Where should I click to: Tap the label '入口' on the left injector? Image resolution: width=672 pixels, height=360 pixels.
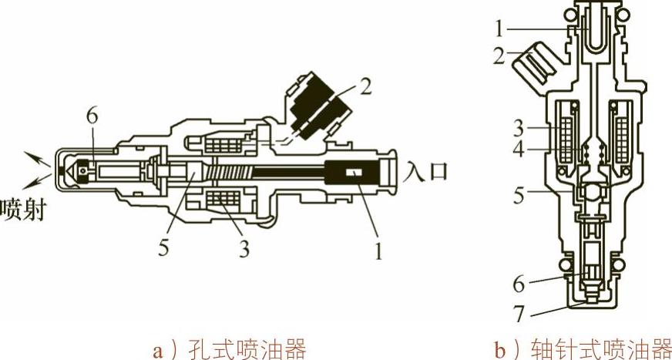(x=424, y=167)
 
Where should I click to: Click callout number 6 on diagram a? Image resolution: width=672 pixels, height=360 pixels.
(x=92, y=116)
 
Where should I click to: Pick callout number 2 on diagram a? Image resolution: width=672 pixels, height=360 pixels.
(x=365, y=84)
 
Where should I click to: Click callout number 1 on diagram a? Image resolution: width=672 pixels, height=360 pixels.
(x=378, y=251)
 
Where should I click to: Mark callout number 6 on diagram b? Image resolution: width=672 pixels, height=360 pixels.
(x=519, y=283)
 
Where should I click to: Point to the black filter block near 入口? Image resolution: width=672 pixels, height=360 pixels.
(x=351, y=171)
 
